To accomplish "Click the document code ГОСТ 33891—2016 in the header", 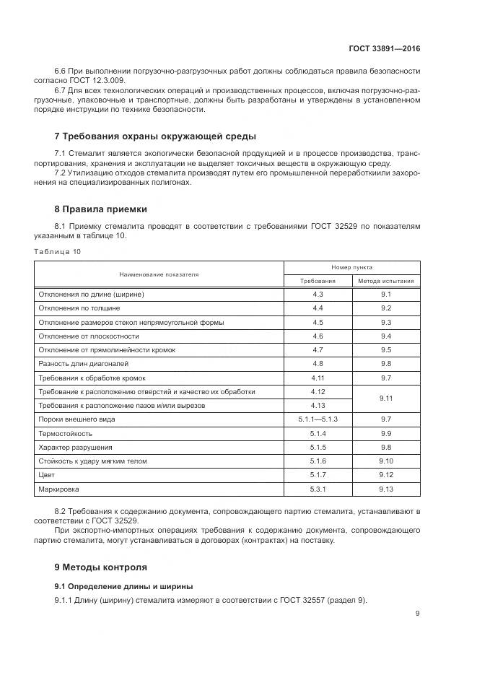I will click(x=384, y=49).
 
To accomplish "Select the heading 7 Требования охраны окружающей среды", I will click(x=155, y=136).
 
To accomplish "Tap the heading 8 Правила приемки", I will click(x=101, y=209).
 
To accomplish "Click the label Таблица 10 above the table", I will click(x=57, y=251).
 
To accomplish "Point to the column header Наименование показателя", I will click(x=159, y=274).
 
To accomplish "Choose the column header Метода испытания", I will click(x=385, y=281).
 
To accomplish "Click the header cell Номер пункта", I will click(x=351, y=267).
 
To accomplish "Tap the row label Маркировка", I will click(x=57, y=489).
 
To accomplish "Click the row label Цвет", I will click(x=45, y=475).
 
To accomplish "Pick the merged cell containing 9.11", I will click(x=385, y=398).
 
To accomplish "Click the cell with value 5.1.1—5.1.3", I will click(x=318, y=419).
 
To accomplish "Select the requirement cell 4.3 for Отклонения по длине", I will click(x=318, y=294).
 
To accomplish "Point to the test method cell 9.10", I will click(x=385, y=461).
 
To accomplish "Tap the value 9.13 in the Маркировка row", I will click(x=385, y=489).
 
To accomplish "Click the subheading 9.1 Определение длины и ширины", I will click(x=123, y=585).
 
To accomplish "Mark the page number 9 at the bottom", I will click(x=417, y=614).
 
